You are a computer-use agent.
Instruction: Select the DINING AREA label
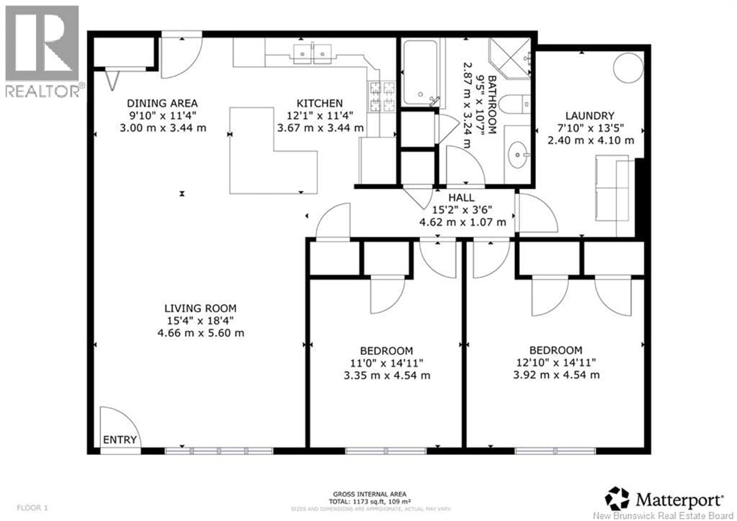(x=162, y=104)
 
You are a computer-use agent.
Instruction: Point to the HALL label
(x=461, y=198)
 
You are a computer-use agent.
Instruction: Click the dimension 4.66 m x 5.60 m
(x=201, y=333)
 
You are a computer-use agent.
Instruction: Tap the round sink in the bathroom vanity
(x=517, y=155)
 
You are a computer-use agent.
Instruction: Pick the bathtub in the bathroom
(x=420, y=72)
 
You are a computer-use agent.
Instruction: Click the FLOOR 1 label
(x=32, y=508)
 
